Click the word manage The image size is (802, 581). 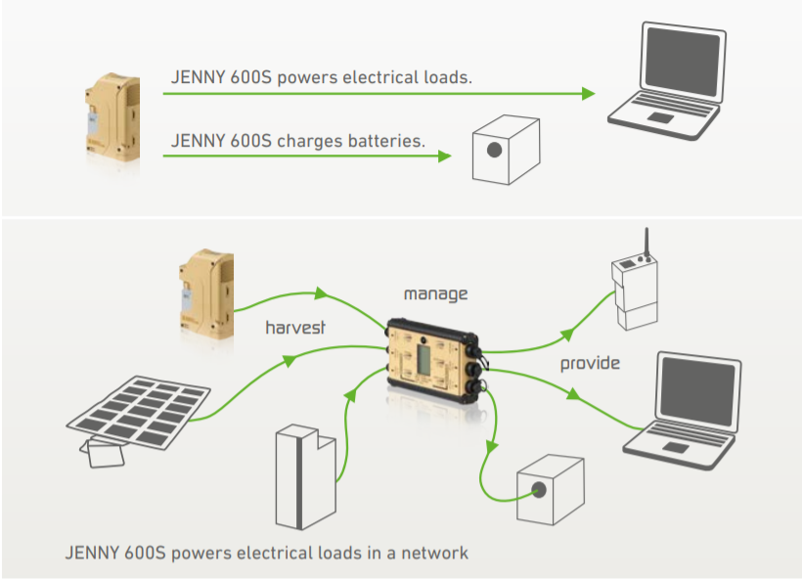[x=436, y=293]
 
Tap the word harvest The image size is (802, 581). [x=294, y=329]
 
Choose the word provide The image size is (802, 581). [x=590, y=364]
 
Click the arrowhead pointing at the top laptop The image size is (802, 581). [x=589, y=94]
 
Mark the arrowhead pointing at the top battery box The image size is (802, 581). [x=445, y=156]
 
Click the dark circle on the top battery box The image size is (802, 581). [x=495, y=150]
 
